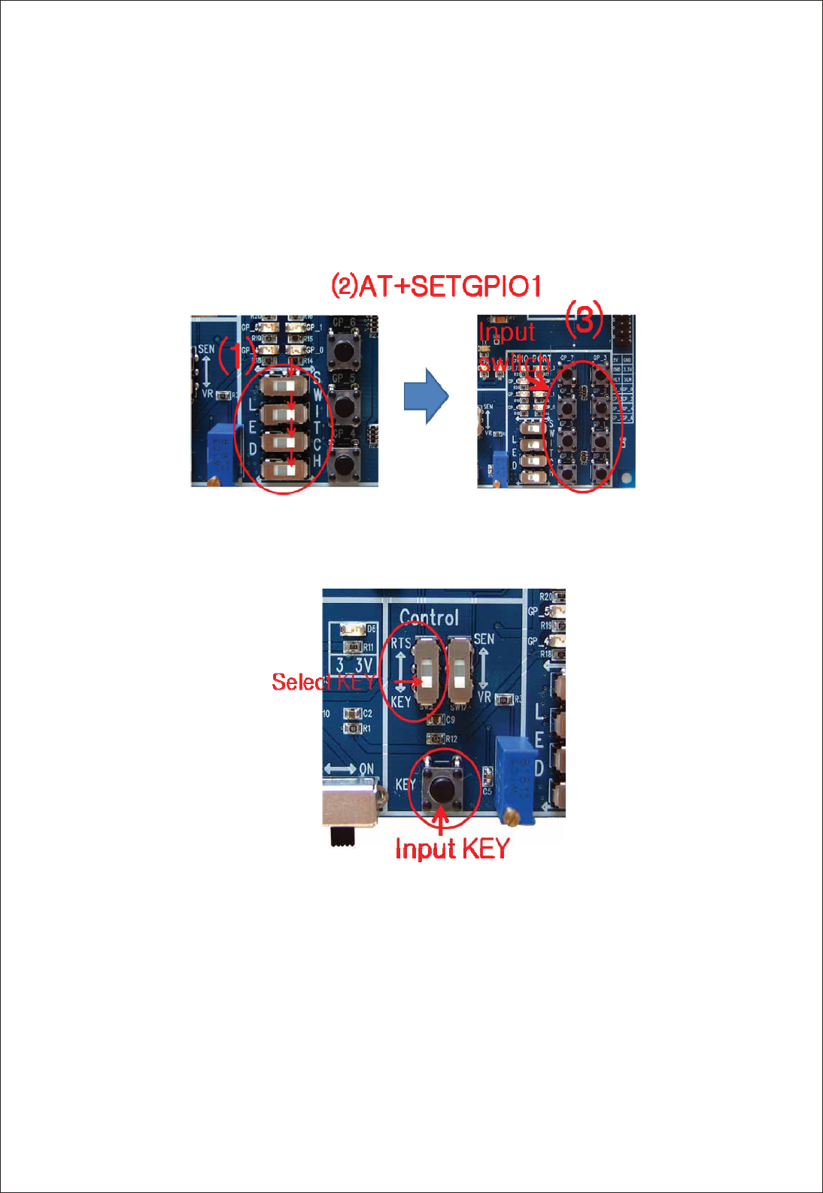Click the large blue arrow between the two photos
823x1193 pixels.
click(x=426, y=395)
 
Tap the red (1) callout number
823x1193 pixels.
click(x=235, y=355)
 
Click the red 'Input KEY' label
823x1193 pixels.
click(x=452, y=849)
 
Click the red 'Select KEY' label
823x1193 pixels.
click(x=323, y=682)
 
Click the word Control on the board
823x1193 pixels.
click(x=429, y=618)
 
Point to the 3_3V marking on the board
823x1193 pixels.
click(x=354, y=665)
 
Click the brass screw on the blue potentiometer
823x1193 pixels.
click(x=513, y=813)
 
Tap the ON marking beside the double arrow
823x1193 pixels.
click(x=366, y=769)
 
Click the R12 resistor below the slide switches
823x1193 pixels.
click(x=436, y=739)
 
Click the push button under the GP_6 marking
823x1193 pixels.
click(x=345, y=350)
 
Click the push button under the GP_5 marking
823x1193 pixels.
click(x=345, y=407)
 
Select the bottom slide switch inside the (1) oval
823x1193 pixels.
click(x=284, y=470)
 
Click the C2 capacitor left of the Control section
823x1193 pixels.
click(x=352, y=713)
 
